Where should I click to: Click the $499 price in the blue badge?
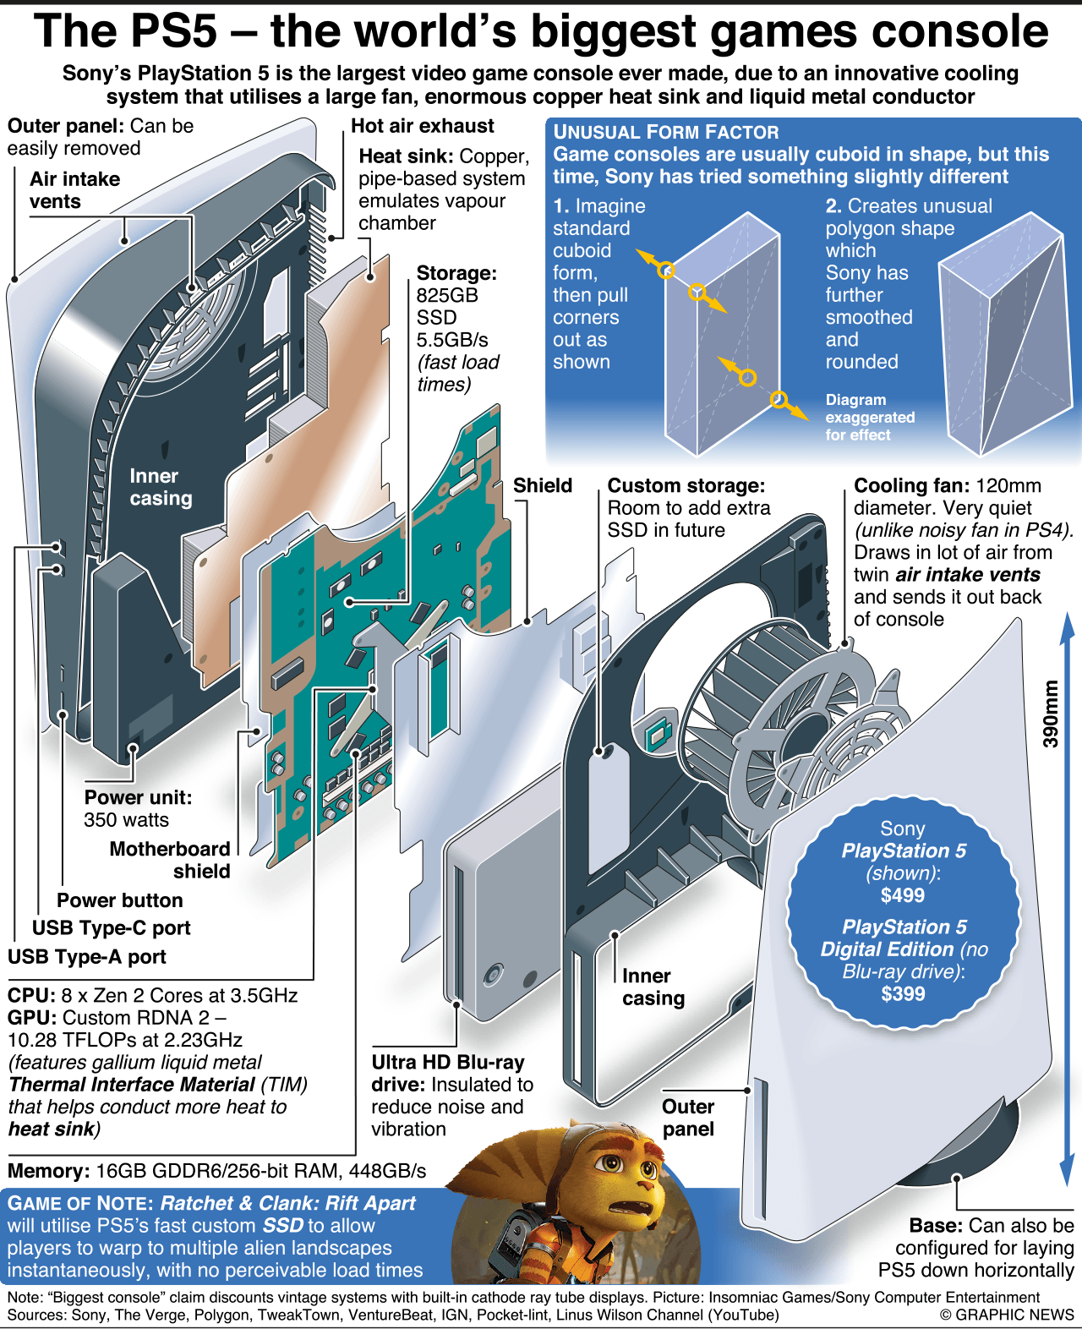(902, 895)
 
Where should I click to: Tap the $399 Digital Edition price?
(902, 993)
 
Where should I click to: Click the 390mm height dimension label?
(1050, 714)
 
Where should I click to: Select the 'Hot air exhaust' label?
(422, 126)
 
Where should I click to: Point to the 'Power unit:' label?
(138, 797)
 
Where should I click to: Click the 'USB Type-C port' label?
(111, 927)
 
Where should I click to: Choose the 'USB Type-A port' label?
(87, 956)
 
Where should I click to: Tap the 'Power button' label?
(119, 900)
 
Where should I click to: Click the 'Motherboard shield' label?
(170, 860)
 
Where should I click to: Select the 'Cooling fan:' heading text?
(911, 486)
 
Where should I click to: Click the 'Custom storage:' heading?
(686, 486)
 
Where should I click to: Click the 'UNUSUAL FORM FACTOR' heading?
(666, 132)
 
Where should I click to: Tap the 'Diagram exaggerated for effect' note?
(869, 417)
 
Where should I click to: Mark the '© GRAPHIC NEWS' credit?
(1006, 1315)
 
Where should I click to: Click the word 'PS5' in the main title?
(175, 31)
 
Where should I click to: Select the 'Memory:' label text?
(48, 1171)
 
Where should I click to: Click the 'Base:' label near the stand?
(936, 1226)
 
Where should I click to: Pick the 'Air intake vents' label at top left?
(74, 190)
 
